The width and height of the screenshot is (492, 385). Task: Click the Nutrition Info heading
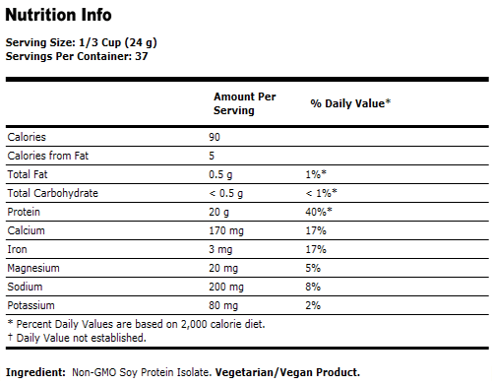(58, 16)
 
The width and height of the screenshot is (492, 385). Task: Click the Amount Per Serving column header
(244, 103)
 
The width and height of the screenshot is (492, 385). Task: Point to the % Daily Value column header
(350, 102)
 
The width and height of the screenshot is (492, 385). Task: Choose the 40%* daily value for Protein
(319, 212)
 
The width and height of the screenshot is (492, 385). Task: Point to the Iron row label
(17, 249)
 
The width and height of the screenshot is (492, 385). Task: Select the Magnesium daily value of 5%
(313, 268)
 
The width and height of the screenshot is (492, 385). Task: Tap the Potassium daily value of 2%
(313, 305)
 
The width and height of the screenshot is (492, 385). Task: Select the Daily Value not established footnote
(77, 338)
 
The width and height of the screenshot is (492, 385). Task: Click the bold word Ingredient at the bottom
(35, 372)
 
